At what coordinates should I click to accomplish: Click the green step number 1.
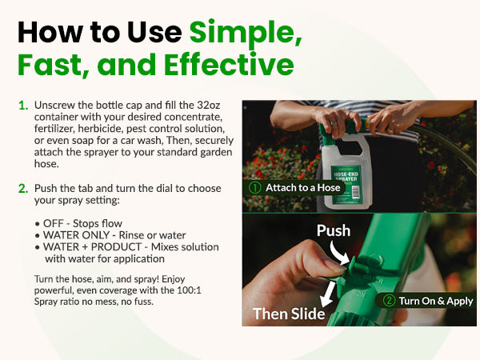coord(23,106)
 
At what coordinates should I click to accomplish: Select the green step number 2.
coord(23,189)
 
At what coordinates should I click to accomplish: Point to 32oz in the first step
coord(208,105)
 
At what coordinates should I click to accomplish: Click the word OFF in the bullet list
coord(54,223)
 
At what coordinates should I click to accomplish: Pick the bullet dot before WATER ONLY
coord(38,236)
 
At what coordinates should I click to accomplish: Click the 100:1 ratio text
coord(189,290)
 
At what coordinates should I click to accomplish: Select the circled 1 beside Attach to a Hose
coord(254,188)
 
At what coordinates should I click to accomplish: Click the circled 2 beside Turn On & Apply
coord(389,301)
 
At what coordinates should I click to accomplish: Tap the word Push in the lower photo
coord(334,230)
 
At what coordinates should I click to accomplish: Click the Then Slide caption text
coord(289,314)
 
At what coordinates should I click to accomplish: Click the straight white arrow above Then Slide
coord(328,294)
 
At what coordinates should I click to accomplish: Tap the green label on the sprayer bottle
coord(346,185)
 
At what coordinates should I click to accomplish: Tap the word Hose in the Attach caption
coord(329,188)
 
